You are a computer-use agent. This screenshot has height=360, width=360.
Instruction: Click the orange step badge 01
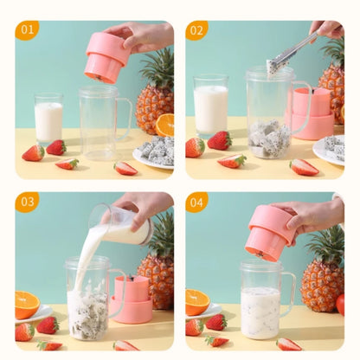click(x=27, y=31)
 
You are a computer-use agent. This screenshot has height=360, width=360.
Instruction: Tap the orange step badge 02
click(x=197, y=31)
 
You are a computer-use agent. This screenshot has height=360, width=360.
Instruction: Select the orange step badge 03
click(x=27, y=202)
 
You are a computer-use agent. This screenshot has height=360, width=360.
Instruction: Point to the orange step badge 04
click(x=197, y=202)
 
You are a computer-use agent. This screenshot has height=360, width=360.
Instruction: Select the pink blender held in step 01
click(x=106, y=57)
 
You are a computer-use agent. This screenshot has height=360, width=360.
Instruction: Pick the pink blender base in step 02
click(x=312, y=113)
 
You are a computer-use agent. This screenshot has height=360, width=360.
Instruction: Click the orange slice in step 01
click(x=164, y=125)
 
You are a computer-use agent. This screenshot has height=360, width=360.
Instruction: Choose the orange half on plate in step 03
click(x=27, y=304)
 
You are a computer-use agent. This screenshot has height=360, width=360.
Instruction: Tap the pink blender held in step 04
click(x=271, y=232)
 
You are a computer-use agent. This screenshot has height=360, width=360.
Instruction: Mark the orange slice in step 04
click(x=196, y=300)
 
